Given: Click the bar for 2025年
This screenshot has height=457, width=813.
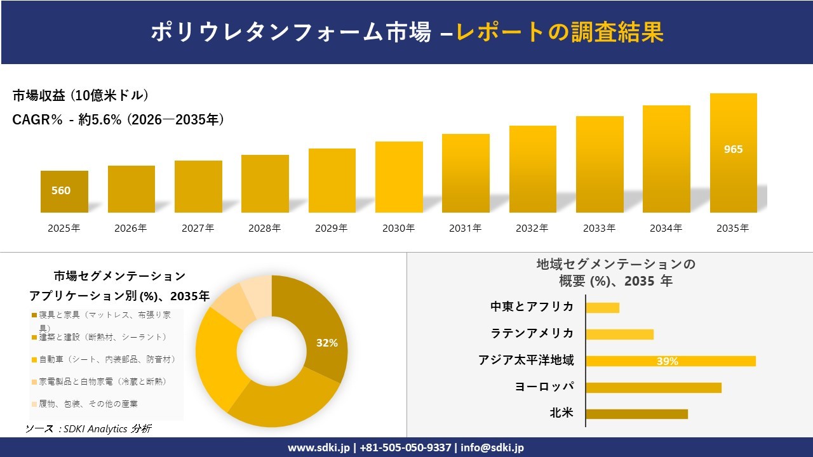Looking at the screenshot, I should point(64,192).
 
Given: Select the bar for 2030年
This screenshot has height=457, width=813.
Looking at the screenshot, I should point(399,177).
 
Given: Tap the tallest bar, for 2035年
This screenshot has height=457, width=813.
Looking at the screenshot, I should point(733,153).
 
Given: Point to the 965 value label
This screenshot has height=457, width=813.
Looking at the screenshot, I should point(733,150).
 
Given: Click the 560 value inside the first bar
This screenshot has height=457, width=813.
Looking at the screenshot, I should point(61,190).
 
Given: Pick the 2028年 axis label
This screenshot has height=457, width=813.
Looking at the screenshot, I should point(264,228).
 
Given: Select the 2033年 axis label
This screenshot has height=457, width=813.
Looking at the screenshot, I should point(599,228).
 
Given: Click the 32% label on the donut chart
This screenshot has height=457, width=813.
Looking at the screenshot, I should point(326,343).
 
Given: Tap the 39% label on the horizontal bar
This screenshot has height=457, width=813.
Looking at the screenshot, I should point(667,361).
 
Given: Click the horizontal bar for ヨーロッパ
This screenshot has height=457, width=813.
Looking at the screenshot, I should point(653,387).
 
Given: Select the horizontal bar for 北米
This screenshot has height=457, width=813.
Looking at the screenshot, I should point(636,414).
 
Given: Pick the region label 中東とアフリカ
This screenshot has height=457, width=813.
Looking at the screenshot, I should point(532,307).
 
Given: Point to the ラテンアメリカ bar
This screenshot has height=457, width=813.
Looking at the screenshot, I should point(619,334).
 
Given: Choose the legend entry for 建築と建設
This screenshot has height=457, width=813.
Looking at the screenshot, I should point(102,337).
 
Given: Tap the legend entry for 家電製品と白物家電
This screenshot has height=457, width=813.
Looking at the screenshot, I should point(102,381).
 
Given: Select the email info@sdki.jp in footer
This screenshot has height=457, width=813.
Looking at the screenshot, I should point(493,447).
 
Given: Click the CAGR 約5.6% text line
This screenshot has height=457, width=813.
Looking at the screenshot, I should point(118,120).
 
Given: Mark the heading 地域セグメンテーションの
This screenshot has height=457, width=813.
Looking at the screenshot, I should point(615,264).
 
